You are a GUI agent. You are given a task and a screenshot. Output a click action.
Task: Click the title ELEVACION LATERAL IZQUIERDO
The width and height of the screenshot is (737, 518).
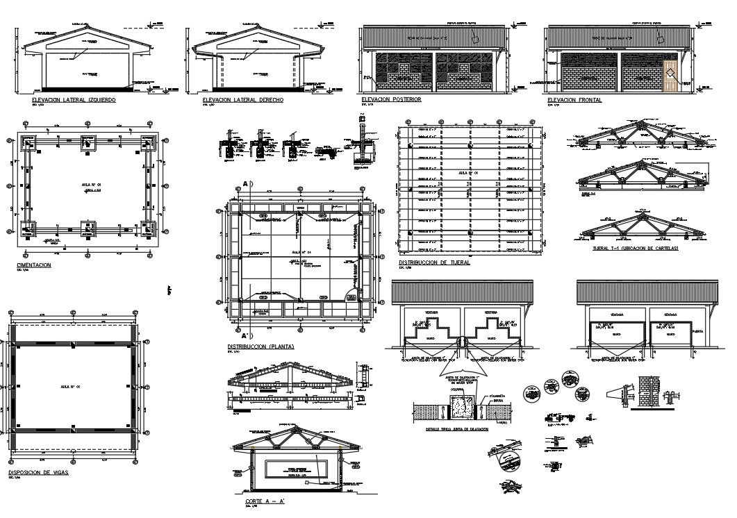pyautogui.click(x=74, y=101)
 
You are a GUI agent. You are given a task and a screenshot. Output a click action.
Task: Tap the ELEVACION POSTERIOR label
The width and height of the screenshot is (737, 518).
pyautogui.click(x=392, y=100)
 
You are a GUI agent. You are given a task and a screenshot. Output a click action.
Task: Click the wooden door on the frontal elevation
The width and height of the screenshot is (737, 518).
pyautogui.click(x=670, y=76)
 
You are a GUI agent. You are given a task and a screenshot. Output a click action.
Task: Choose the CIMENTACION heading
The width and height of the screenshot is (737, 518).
pyautogui.click(x=34, y=265)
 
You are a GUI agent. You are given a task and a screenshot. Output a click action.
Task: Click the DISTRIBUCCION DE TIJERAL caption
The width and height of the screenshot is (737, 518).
pyautogui.click(x=434, y=263)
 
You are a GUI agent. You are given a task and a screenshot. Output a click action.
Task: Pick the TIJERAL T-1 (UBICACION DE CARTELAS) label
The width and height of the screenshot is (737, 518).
pyautogui.click(x=636, y=248)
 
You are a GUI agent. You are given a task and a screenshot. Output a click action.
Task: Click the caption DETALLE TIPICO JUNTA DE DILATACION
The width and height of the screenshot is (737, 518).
pyautogui.click(x=458, y=429)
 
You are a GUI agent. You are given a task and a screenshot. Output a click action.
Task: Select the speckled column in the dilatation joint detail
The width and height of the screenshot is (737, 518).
pyautogui.click(x=458, y=407)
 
